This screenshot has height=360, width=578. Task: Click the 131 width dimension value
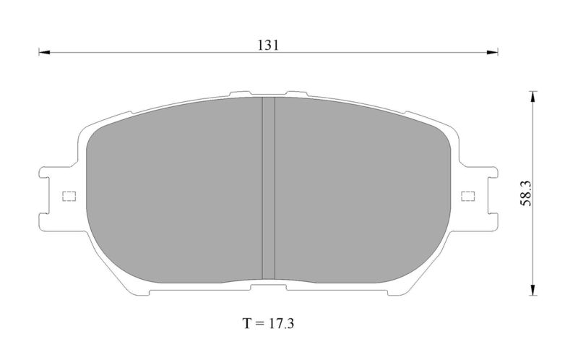(x=268, y=45)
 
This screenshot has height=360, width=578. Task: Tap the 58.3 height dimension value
(x=526, y=193)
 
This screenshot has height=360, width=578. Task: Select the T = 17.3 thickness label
(x=268, y=323)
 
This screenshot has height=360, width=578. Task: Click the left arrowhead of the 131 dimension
(x=44, y=52)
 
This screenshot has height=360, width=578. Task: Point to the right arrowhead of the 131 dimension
(x=493, y=52)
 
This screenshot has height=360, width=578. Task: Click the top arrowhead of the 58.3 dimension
(x=532, y=96)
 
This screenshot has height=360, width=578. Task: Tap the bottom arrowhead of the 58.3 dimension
(x=532, y=290)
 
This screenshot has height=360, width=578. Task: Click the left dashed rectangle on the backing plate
(x=69, y=196)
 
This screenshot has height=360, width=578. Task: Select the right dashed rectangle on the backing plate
(x=468, y=196)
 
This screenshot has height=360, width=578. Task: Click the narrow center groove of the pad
(x=268, y=188)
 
